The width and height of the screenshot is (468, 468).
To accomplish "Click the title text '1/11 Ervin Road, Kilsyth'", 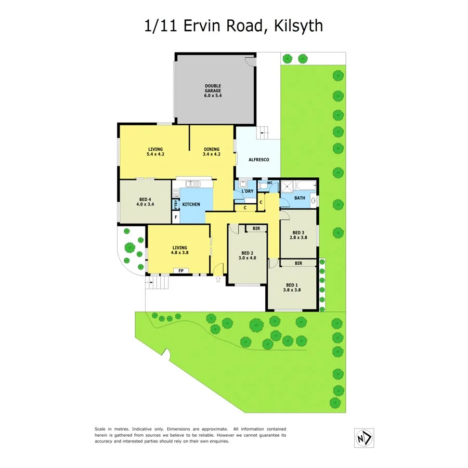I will [233, 25].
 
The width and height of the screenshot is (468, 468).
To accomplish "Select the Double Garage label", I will [213, 90].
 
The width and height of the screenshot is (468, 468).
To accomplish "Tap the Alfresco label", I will [258, 160].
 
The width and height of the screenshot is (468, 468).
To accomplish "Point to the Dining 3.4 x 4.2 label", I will [211, 151].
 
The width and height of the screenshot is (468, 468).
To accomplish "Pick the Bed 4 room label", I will [145, 201].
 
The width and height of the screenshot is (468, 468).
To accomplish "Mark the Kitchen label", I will [191, 204].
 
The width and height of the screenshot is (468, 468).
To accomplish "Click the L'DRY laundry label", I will [248, 192].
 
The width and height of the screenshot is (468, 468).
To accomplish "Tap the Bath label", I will [299, 198].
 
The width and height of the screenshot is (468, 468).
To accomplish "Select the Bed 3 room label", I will [297, 235].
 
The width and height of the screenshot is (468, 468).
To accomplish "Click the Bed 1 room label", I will [292, 288].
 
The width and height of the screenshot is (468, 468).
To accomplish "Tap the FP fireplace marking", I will [181, 271].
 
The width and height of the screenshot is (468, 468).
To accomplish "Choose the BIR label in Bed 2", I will [256, 228].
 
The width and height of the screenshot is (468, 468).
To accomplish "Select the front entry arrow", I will [217, 279].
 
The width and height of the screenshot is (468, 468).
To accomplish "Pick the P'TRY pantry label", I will [176, 204].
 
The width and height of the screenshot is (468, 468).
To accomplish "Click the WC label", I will [269, 183].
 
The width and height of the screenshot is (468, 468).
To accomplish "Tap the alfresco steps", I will [264, 133].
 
